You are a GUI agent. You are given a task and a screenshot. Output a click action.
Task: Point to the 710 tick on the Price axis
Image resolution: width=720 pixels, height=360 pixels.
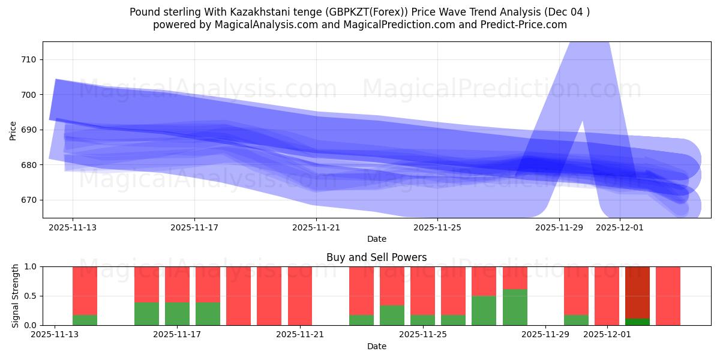[29, 59]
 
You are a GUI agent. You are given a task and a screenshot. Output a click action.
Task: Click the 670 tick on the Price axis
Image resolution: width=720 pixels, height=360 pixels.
[29, 200]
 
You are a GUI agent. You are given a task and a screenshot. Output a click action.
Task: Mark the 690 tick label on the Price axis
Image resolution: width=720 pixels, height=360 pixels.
[29, 130]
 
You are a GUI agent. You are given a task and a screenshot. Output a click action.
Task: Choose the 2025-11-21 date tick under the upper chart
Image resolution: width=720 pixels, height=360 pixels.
[316, 228]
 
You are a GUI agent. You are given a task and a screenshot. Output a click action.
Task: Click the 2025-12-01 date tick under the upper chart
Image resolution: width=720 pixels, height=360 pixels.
[620, 228]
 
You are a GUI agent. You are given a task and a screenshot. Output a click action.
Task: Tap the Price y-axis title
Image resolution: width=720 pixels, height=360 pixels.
[13, 130]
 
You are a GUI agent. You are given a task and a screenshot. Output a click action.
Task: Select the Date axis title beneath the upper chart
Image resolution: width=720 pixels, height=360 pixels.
[377, 239]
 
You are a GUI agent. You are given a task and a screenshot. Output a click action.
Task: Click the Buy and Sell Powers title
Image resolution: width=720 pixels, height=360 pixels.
[377, 257]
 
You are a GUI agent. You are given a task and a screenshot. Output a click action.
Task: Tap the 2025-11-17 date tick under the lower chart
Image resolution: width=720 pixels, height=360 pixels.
[177, 335]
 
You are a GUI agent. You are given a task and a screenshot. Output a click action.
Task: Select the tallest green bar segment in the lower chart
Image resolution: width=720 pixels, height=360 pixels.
[515, 307]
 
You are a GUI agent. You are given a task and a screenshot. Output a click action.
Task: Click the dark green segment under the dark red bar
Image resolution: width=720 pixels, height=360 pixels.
[637, 322]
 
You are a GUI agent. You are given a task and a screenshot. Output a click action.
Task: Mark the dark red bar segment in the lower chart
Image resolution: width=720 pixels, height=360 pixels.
[637, 292]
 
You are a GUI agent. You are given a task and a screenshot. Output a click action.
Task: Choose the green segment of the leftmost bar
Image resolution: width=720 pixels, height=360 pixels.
[85, 320]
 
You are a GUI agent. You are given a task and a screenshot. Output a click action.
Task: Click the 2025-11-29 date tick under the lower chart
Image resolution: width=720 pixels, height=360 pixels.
[545, 335]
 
